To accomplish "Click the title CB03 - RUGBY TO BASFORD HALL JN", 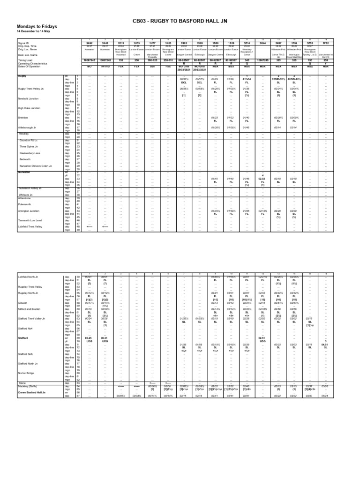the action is [180, 21].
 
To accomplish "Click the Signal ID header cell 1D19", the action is [121, 42].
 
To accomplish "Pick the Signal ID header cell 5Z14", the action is [247, 42].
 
